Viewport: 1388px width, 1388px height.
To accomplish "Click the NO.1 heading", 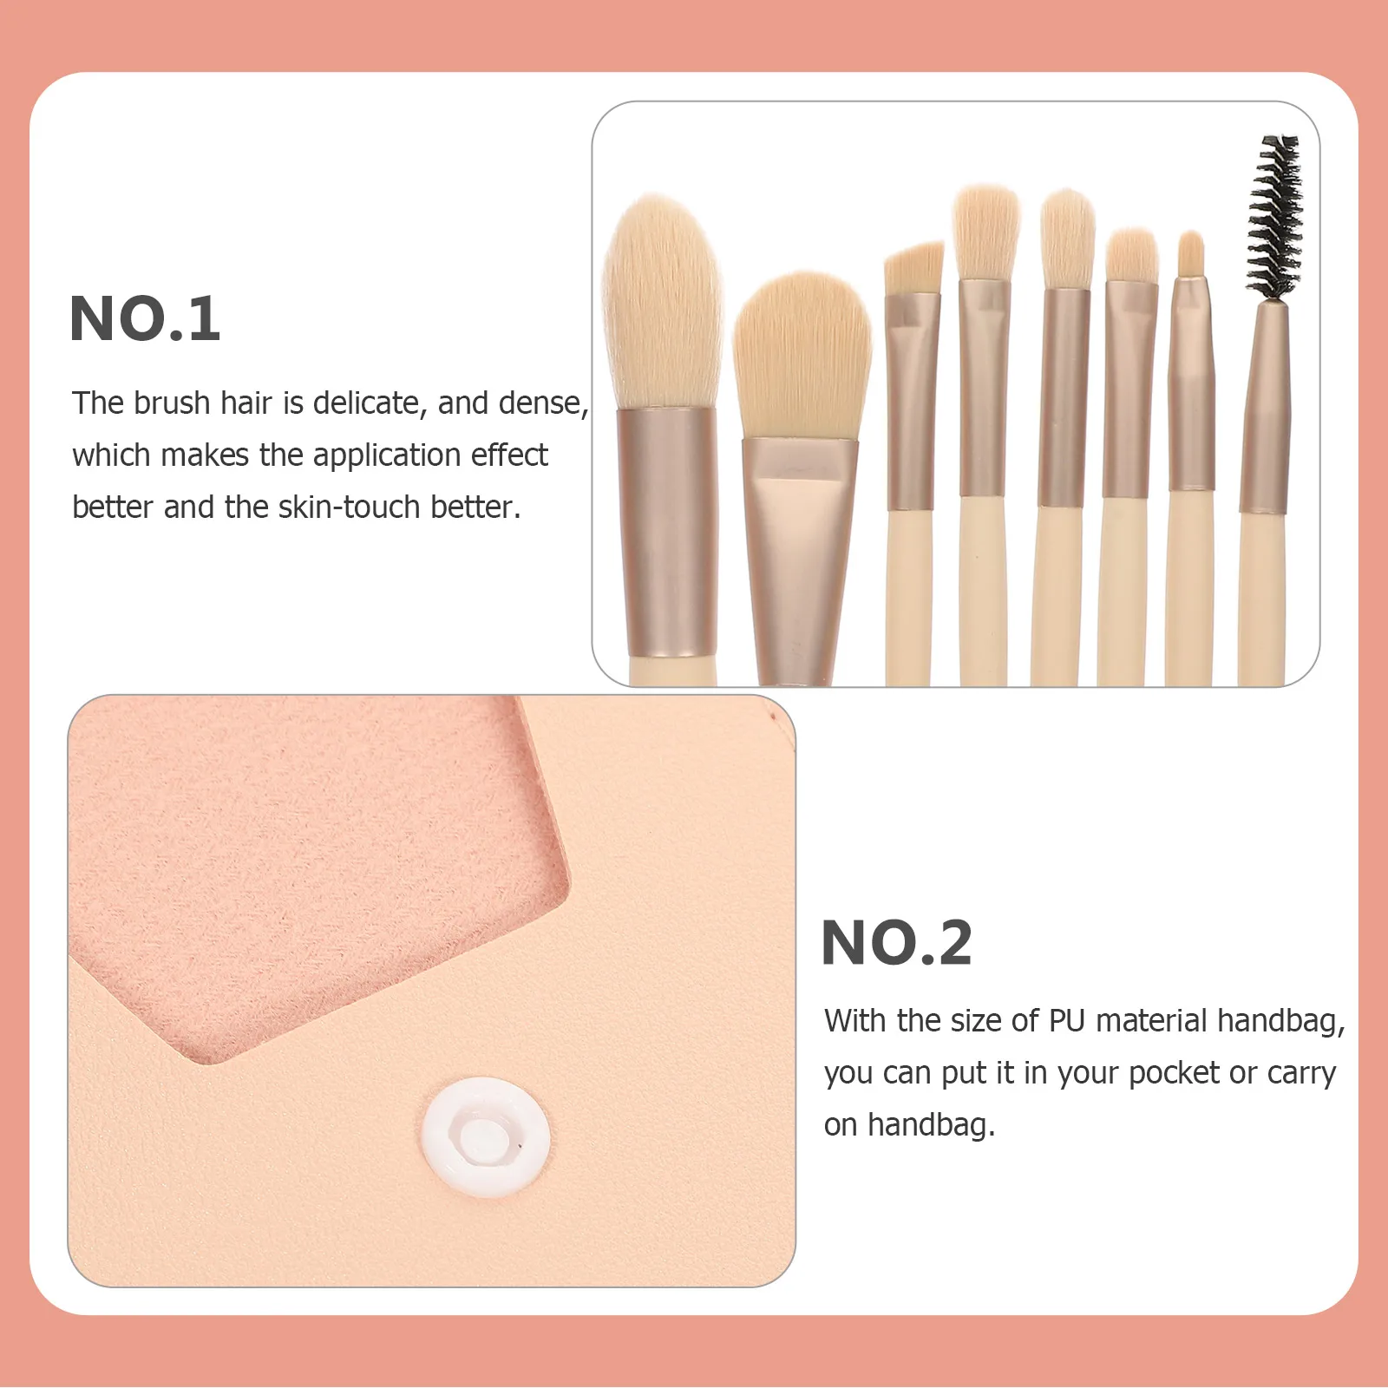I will [x=145, y=319].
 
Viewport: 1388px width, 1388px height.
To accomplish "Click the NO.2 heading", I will [x=896, y=943].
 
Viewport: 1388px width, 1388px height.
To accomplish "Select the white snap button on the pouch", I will [x=486, y=1136].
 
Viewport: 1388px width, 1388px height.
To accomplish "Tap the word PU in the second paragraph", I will [x=1067, y=1021].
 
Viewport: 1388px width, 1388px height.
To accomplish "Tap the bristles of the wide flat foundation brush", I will [x=802, y=356].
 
